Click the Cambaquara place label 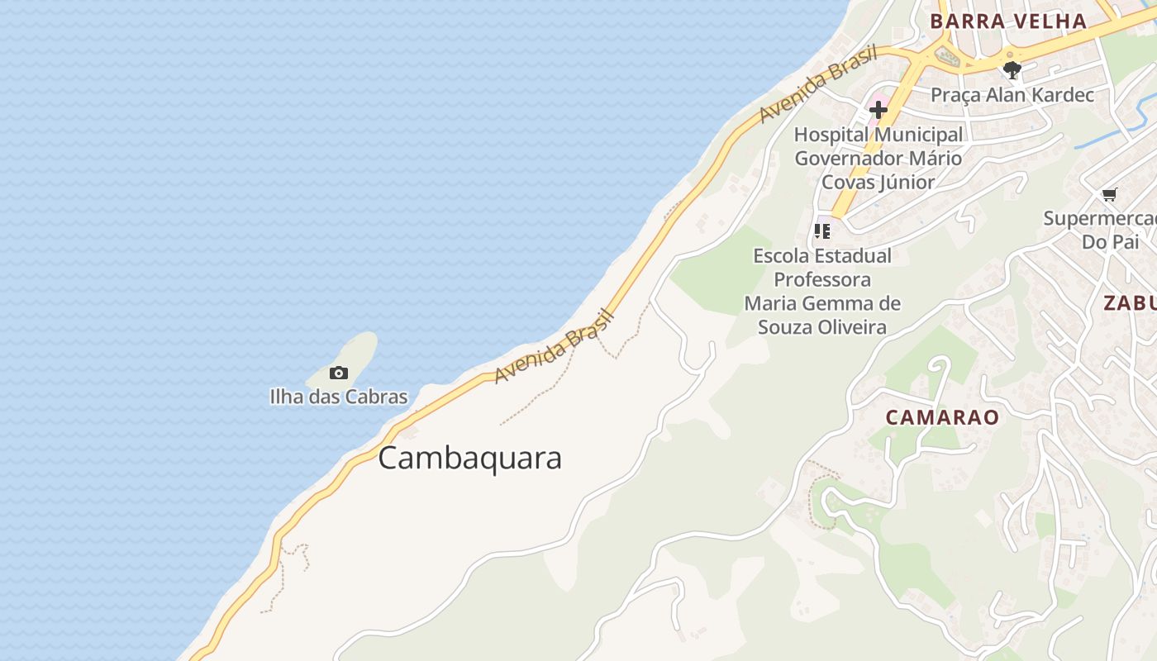(x=469, y=458)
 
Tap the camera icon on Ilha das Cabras (x=339, y=373)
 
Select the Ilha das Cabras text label (x=339, y=397)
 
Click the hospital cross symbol (x=878, y=109)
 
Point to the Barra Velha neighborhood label (x=1007, y=21)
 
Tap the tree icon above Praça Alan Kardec (x=1012, y=70)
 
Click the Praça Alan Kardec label (x=1012, y=95)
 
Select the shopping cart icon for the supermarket (x=1109, y=195)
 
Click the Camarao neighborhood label (x=942, y=417)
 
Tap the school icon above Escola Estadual (x=821, y=231)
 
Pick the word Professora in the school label (x=821, y=279)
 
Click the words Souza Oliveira (x=821, y=327)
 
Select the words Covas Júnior (x=878, y=182)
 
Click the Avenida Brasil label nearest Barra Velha (x=817, y=84)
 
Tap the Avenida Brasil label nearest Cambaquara (x=555, y=346)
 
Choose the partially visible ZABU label (x=1131, y=302)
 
